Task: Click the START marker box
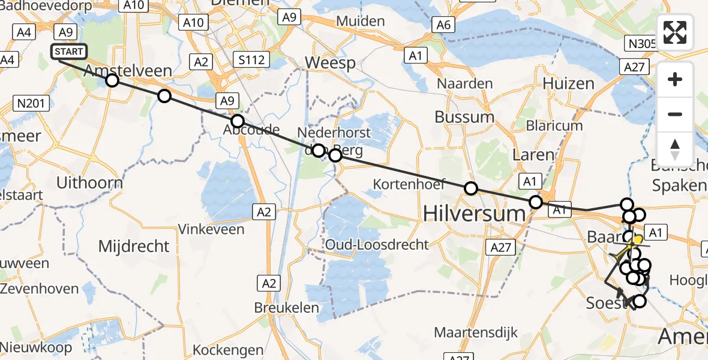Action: tap(69, 52)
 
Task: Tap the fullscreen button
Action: tap(675, 32)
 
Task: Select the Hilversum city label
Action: tap(466, 212)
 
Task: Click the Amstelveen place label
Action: tap(128, 71)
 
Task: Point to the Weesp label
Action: tap(330, 62)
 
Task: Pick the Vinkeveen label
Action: tap(212, 229)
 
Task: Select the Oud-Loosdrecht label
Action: tap(377, 244)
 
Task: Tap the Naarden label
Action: tap(465, 83)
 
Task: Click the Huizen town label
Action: tap(568, 83)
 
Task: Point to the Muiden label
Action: tap(360, 21)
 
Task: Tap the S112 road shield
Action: tap(252, 60)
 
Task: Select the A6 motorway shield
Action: tap(443, 25)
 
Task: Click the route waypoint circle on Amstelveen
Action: tap(112, 80)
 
